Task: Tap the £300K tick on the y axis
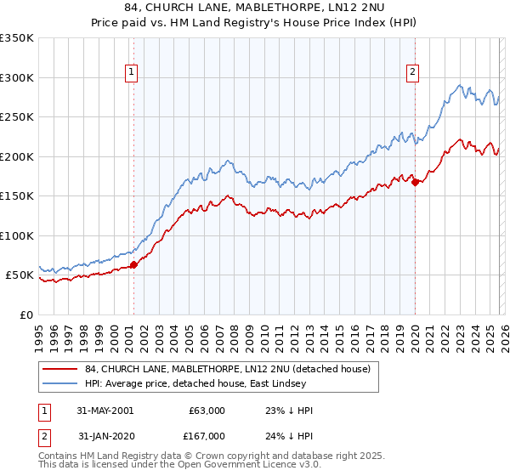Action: point(17,77)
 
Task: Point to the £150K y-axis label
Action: point(17,196)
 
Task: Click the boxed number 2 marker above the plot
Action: point(412,73)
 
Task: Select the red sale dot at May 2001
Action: point(134,264)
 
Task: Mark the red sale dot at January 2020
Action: point(415,182)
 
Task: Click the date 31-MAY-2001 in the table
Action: point(105,411)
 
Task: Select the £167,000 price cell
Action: point(205,435)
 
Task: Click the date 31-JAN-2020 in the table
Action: point(105,435)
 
